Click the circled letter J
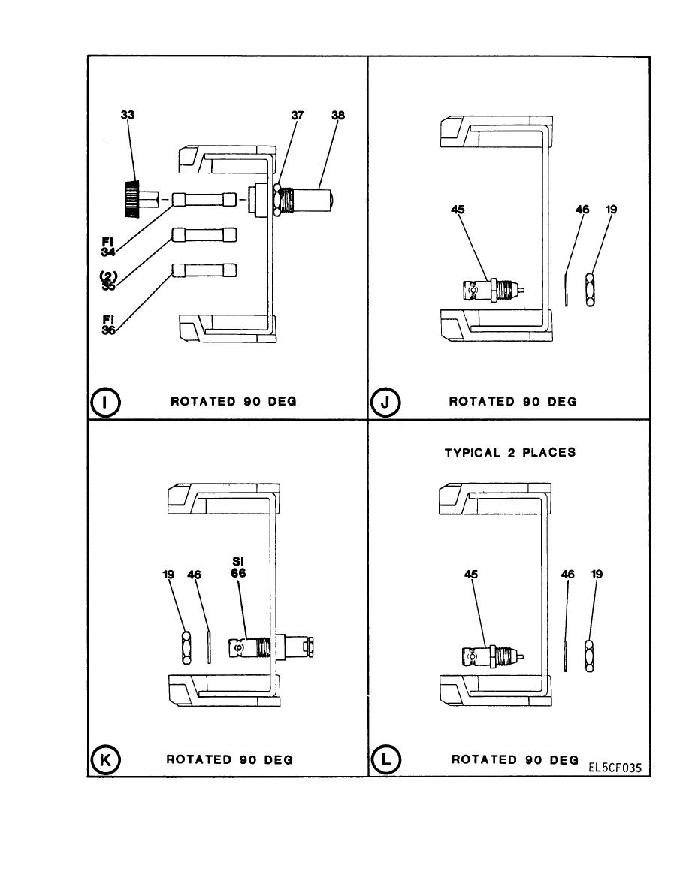tap(385, 402)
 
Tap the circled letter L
tap(385, 759)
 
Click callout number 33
tap(128, 116)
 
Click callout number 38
tap(338, 116)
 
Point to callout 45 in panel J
tap(458, 210)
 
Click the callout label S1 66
tap(238, 566)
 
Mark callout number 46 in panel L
tap(568, 574)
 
